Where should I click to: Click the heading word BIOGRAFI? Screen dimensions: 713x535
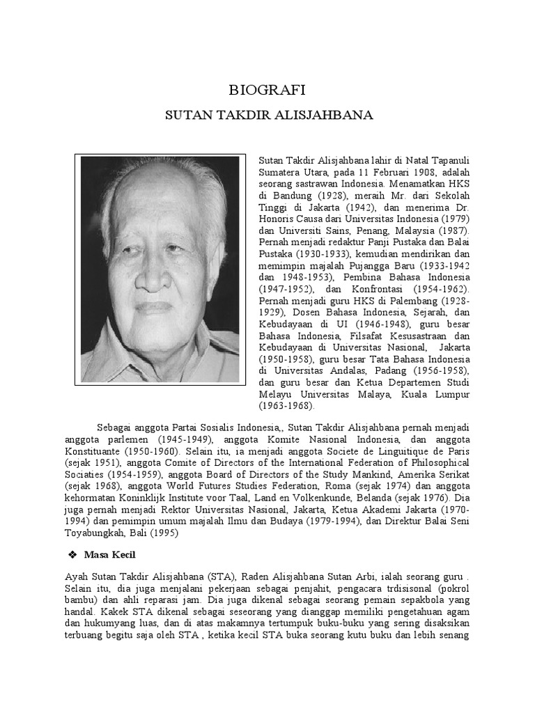click(x=267, y=90)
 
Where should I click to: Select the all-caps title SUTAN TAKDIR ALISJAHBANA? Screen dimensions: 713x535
click(x=268, y=115)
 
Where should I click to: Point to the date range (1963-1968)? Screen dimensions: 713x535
click(x=286, y=405)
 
